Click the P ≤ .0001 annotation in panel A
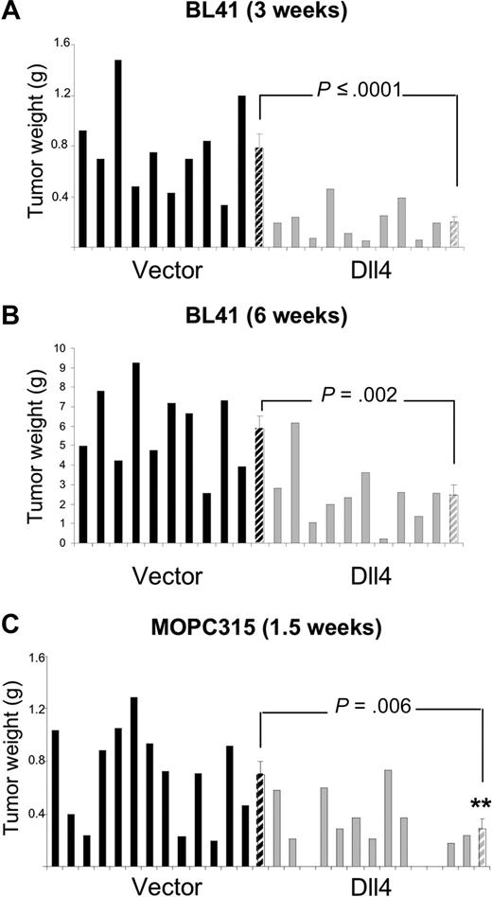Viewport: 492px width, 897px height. point(358,90)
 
